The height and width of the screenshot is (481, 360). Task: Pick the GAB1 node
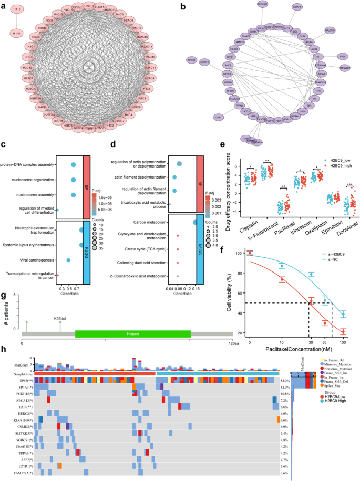(218, 117)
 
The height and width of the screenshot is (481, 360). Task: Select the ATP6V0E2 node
(344, 67)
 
